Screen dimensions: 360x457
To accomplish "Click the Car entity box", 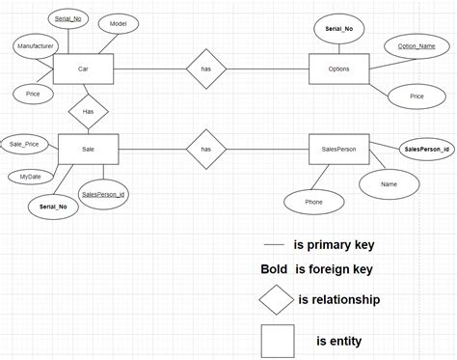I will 83,69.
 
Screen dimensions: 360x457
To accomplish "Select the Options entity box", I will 338,69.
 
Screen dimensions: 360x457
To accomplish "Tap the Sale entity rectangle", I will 88,150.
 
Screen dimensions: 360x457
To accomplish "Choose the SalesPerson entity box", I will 339,150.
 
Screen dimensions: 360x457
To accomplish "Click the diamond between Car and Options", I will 206,69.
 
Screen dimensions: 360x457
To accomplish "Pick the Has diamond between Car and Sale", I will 89,112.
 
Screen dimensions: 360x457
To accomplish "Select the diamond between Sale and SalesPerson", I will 206,150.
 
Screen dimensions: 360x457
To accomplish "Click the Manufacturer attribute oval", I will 36,45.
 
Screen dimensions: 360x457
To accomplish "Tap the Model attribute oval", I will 119,23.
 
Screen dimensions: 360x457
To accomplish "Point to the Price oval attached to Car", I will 32,94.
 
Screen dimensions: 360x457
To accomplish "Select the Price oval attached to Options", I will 417,97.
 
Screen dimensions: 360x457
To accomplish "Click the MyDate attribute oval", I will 30,177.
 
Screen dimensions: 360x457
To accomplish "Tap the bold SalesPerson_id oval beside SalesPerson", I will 426,150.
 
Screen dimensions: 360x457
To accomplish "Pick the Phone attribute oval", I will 313,202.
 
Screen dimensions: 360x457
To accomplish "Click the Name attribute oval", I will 390,182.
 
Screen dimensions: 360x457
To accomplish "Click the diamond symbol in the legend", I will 276,300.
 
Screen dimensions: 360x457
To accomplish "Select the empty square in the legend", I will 278,342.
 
